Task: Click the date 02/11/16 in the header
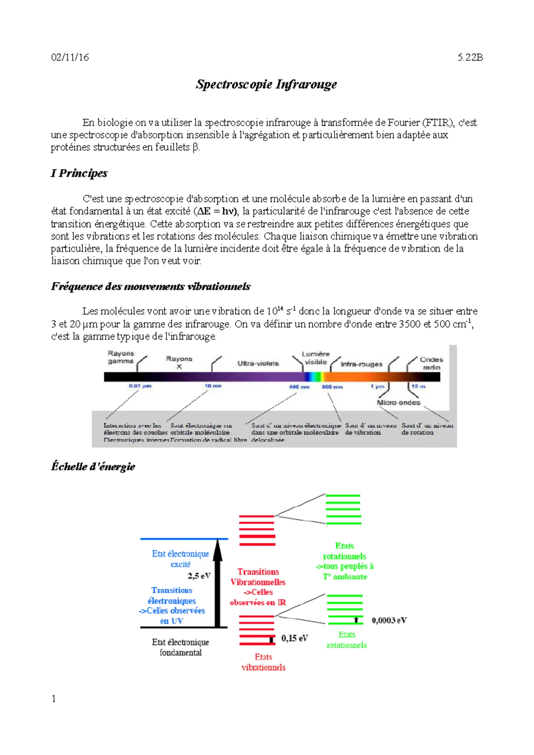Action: pos(70,57)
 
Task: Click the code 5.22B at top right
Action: pos(470,57)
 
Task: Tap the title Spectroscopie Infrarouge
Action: pos(266,84)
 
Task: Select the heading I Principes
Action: pos(79,173)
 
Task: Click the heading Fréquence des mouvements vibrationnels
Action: pos(150,286)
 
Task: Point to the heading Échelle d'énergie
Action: pos(93,466)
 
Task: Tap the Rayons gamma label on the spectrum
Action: pos(121,357)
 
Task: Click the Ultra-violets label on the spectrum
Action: pos(258,363)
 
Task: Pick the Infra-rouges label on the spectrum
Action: pos(361,364)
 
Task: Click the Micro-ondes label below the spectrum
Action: pos(398,402)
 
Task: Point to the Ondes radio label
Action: pos(431,363)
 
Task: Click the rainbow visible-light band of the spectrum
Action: pos(314,377)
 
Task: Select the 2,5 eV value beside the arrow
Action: pos(199,576)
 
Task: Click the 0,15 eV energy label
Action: pos(294,639)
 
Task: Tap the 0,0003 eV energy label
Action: pos(389,620)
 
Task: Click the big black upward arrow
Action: pos(218,582)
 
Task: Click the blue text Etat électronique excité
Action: pos(180,559)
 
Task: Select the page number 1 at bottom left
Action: pos(54,699)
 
